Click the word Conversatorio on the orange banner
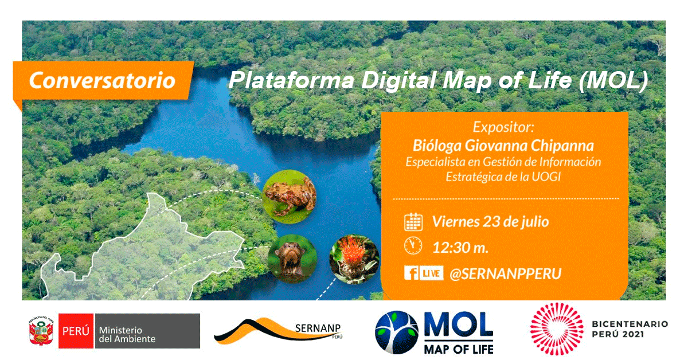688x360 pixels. (x=102, y=80)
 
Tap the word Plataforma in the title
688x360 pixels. (x=291, y=80)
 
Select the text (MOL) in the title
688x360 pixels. (x=613, y=80)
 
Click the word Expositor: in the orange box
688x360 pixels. (x=503, y=127)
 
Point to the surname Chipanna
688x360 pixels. (x=562, y=146)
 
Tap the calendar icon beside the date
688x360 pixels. (x=413, y=221)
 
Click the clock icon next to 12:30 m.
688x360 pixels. (x=413, y=246)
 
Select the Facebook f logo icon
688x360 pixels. (x=412, y=273)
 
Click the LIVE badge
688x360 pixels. (x=431, y=273)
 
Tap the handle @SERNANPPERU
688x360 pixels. (x=506, y=273)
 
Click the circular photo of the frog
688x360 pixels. (x=289, y=197)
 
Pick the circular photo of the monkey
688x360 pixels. (x=292, y=259)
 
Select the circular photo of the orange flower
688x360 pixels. (x=354, y=259)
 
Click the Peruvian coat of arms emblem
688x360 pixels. (x=41, y=331)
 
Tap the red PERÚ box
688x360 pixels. (x=76, y=331)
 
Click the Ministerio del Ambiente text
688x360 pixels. (x=127, y=335)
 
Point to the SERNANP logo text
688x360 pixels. (x=318, y=328)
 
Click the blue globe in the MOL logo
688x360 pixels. (x=397, y=332)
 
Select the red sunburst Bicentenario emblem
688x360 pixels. (x=557, y=329)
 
